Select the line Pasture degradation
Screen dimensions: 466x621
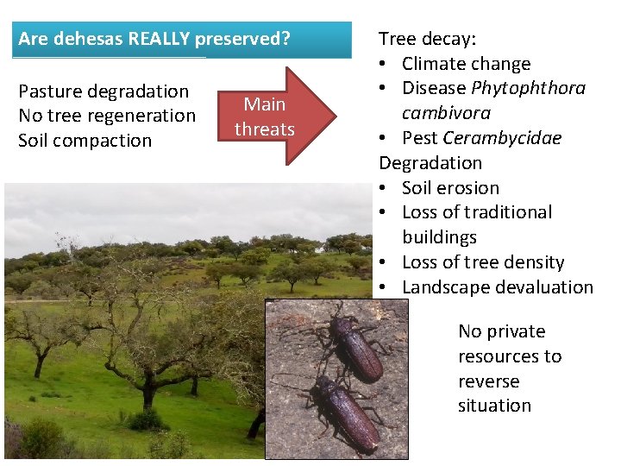[103, 91]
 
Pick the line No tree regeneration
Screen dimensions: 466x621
[107, 116]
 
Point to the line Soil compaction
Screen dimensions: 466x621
[85, 141]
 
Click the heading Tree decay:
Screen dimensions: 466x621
[428, 39]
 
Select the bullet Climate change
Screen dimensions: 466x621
[466, 64]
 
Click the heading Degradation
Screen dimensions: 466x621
[430, 163]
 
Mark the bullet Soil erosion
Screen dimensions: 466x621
[450, 188]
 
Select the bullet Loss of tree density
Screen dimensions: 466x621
[483, 262]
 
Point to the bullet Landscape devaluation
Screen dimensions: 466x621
[498, 287]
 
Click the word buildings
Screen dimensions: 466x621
[439, 237]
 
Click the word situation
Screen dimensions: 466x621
[494, 406]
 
